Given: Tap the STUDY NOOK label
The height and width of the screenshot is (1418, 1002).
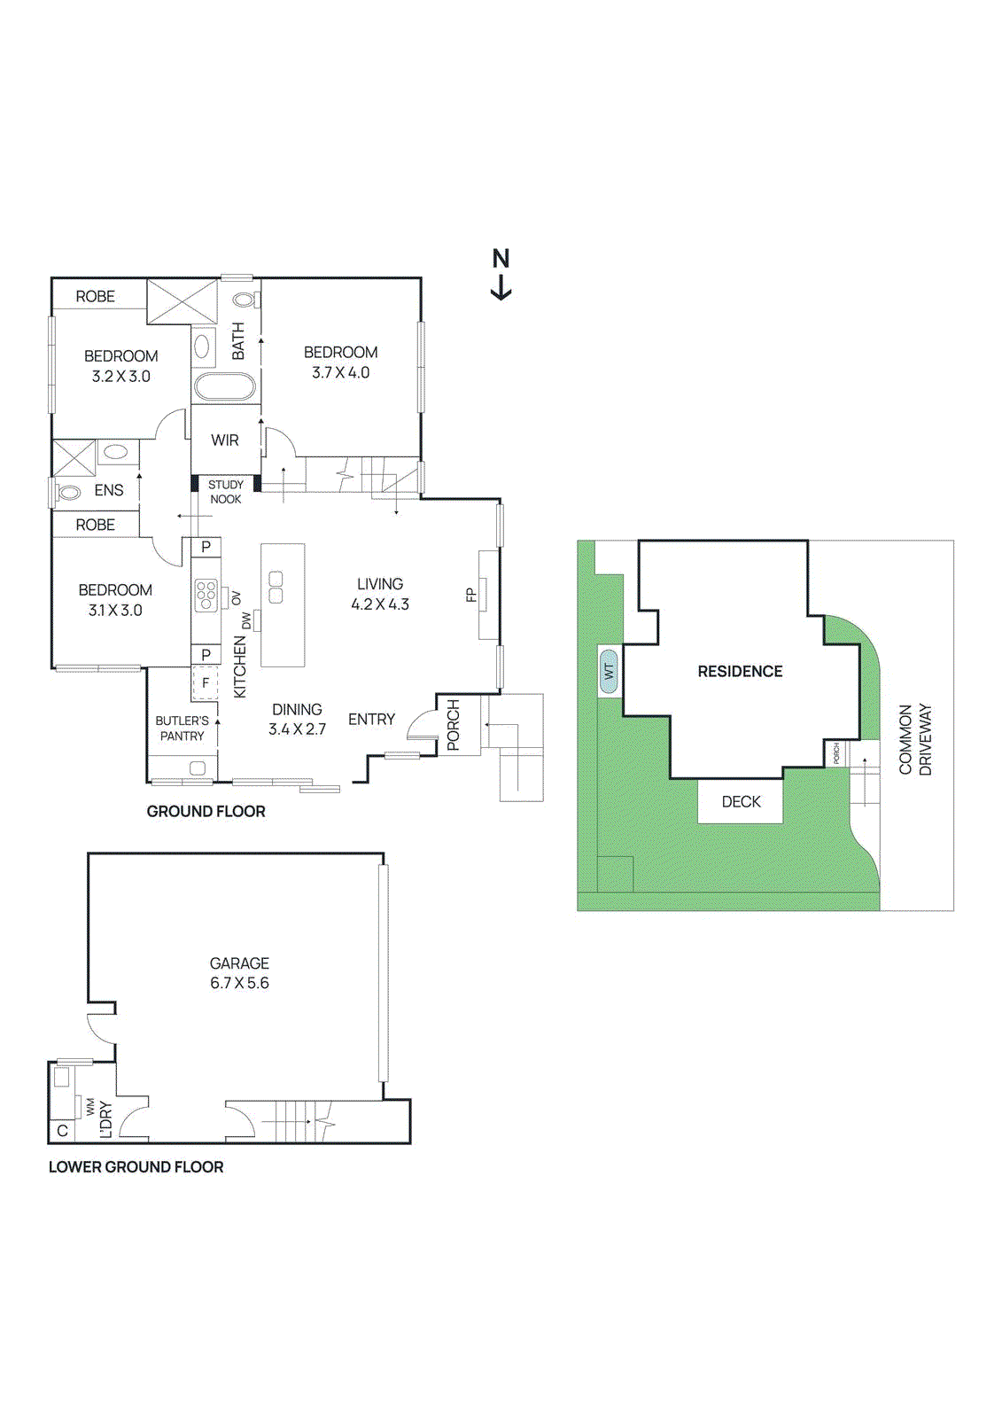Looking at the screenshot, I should click(x=225, y=492).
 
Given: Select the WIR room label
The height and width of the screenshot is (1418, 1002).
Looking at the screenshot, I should click(x=225, y=440).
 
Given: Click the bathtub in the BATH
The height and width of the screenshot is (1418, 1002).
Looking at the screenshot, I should click(x=225, y=387).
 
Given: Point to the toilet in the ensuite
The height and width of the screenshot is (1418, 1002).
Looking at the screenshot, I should click(x=69, y=490).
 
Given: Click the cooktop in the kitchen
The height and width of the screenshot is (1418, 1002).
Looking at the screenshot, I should click(x=206, y=595).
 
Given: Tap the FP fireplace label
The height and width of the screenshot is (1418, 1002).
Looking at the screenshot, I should click(x=471, y=595).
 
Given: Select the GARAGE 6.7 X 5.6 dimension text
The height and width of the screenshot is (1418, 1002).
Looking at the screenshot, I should click(x=239, y=983).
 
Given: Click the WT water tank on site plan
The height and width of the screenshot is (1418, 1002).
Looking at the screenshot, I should click(x=609, y=671).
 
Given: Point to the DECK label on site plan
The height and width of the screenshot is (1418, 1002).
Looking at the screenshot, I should click(x=741, y=802).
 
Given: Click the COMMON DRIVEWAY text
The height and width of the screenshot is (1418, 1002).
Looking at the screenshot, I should click(x=915, y=740).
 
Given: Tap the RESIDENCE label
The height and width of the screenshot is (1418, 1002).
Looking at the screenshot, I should click(x=740, y=672).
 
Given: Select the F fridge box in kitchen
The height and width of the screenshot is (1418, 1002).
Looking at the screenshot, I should click(x=206, y=683).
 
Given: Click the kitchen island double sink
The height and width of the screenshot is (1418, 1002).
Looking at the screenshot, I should click(x=276, y=587).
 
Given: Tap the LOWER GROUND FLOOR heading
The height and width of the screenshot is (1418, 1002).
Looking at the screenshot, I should click(x=136, y=1167).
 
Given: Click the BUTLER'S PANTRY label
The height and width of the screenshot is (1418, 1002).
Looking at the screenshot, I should click(x=182, y=728).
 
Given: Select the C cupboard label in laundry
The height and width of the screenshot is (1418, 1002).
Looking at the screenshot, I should click(x=62, y=1131).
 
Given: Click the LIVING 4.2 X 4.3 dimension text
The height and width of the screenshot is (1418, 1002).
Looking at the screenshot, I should click(x=380, y=604).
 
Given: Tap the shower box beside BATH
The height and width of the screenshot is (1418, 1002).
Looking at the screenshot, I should click(x=182, y=301).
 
